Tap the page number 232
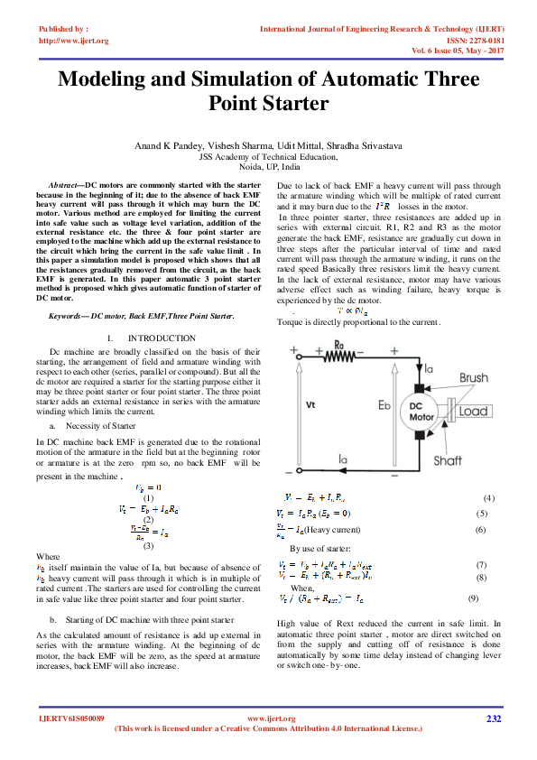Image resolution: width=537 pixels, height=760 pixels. pos(493,718)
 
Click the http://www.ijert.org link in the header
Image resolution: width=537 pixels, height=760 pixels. pos(74,41)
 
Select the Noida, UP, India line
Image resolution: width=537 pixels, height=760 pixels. pos(268,167)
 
